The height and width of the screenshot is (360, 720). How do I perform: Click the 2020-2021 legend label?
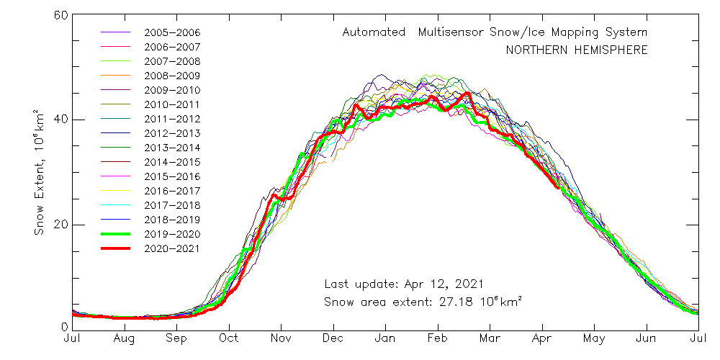pyautogui.click(x=172, y=248)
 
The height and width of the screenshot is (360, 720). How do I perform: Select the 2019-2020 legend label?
pyautogui.click(x=172, y=234)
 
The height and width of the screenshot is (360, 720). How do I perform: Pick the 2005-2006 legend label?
pyautogui.click(x=172, y=32)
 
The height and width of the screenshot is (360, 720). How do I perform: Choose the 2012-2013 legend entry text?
pyautogui.click(x=172, y=133)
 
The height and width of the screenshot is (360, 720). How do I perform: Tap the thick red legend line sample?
pyautogui.click(x=115, y=248)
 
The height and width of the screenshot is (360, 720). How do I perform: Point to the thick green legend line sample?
pyautogui.click(x=115, y=234)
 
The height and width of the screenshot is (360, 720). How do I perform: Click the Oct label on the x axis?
pyautogui.click(x=229, y=337)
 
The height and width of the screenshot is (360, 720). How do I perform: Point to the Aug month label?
pyautogui.click(x=125, y=337)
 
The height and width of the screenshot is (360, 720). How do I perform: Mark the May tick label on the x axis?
pyautogui.click(x=594, y=337)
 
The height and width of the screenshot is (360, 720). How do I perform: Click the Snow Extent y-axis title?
pyautogui.click(x=40, y=173)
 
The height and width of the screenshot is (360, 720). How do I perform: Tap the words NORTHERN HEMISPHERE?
pyautogui.click(x=576, y=50)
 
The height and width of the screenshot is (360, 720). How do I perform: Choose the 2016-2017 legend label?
pyautogui.click(x=172, y=191)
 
